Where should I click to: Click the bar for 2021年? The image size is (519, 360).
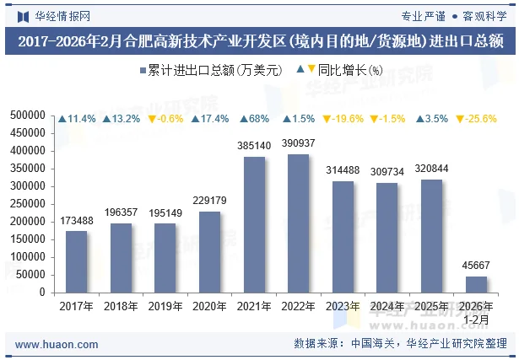(x=254, y=224)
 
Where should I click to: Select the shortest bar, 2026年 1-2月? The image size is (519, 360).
(x=477, y=284)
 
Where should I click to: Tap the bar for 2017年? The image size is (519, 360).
(x=77, y=261)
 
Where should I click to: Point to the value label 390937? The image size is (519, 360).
(x=299, y=142)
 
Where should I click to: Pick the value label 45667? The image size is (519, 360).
(x=477, y=266)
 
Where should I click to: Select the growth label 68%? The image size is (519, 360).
(x=254, y=119)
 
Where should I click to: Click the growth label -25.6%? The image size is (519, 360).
(x=477, y=119)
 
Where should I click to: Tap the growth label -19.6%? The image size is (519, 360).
(x=343, y=119)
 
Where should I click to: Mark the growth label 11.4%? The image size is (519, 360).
(x=77, y=119)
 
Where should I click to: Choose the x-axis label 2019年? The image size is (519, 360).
(x=165, y=306)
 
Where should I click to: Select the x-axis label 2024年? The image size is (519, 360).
(x=388, y=306)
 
